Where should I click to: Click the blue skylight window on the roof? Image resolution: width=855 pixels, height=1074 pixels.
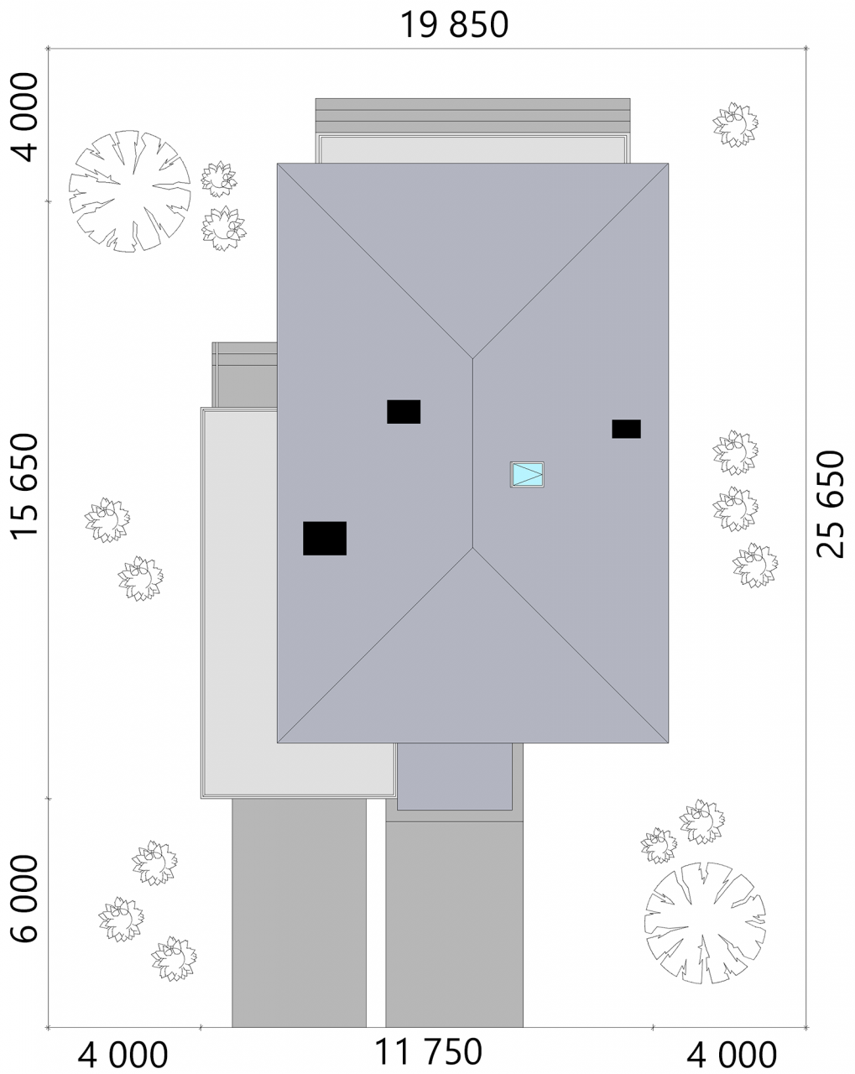[527, 474]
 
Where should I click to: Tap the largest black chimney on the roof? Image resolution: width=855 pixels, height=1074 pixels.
[325, 538]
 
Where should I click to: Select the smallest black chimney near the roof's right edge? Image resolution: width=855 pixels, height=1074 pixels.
[626, 429]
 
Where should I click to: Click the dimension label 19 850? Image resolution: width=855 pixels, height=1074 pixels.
[454, 25]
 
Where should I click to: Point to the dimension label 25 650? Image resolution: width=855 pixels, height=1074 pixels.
[830, 504]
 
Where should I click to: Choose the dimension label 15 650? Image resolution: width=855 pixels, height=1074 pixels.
[24, 487]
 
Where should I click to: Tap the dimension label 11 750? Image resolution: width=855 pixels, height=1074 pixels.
[428, 1051]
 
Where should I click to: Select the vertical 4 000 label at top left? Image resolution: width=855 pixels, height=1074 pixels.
[24, 117]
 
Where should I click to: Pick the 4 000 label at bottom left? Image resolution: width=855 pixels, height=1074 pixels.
[123, 1055]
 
